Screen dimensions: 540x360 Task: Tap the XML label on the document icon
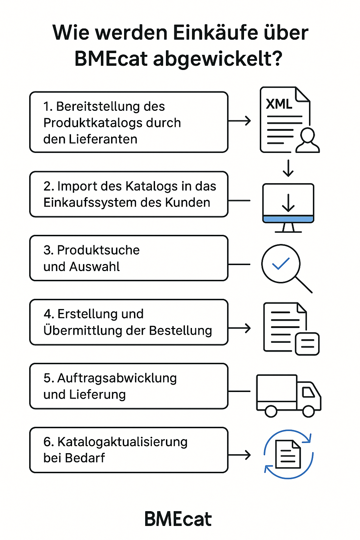coord(279,104)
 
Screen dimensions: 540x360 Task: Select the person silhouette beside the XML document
coord(308,141)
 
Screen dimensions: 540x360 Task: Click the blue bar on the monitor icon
coord(288,219)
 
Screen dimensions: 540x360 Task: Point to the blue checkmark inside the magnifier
coord(281,264)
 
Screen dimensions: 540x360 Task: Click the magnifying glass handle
coord(304,284)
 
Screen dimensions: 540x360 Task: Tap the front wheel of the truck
coord(308,411)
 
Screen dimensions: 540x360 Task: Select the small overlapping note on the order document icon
coord(307,343)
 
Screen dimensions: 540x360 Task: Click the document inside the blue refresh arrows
coord(288,454)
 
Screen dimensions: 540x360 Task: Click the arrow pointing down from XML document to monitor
coord(288,168)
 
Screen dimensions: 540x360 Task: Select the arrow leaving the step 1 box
coord(240,121)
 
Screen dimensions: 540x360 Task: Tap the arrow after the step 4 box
coord(240,328)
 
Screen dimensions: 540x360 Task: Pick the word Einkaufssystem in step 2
coord(90,202)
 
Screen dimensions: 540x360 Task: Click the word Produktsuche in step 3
coord(98,250)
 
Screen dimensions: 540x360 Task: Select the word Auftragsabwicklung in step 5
coord(117,378)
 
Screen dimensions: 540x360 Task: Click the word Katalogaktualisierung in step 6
coord(122,442)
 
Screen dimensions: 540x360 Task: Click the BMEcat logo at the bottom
coord(178,519)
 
